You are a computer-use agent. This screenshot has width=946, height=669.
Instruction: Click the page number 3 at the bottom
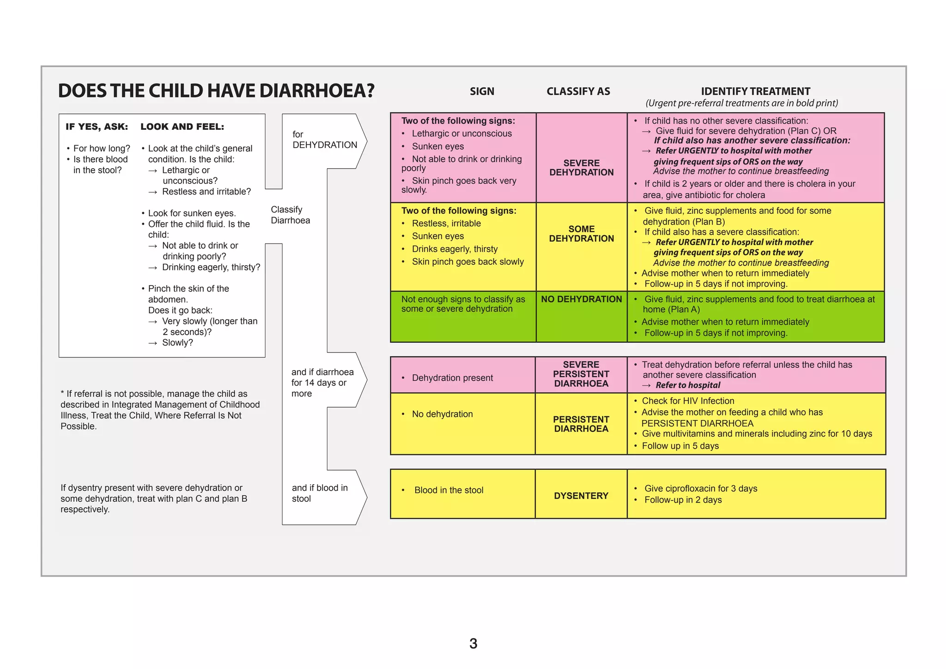(473, 644)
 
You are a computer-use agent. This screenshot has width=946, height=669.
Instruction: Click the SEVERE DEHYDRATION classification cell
(581, 168)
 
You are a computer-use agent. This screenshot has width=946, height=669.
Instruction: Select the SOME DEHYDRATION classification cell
(581, 234)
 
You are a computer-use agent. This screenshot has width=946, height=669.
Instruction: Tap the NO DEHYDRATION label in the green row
(581, 299)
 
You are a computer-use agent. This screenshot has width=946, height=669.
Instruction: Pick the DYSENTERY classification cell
(581, 496)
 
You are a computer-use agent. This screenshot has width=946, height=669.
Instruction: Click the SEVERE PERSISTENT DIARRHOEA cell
(581, 374)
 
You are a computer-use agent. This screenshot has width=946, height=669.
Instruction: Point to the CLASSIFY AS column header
(578, 91)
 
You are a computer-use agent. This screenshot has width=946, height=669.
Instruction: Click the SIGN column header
(482, 91)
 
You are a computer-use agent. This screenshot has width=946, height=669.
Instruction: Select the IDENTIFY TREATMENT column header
(755, 91)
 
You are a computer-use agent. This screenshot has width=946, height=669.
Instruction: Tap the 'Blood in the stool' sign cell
(449, 490)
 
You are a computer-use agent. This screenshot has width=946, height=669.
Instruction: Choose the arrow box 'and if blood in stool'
(320, 493)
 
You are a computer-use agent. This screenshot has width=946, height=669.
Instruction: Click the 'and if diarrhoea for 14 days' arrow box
(322, 383)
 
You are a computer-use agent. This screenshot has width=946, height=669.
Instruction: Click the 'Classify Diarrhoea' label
(290, 215)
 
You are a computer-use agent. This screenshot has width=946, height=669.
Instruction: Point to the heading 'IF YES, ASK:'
(97, 127)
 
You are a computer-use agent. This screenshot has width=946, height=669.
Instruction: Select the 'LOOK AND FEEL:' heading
(182, 127)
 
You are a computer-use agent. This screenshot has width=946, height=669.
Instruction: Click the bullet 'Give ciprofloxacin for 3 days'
(700, 488)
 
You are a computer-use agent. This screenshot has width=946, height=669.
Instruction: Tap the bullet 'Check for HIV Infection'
(687, 401)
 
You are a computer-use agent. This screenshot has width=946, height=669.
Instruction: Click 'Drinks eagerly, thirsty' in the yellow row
(455, 249)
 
